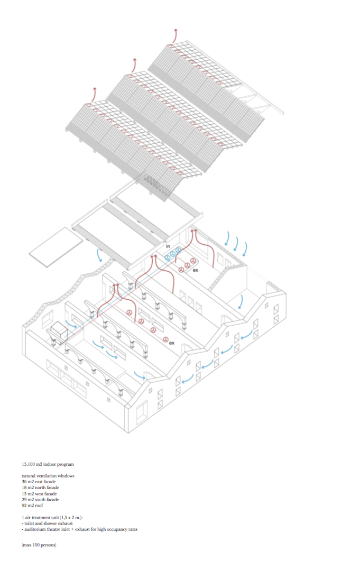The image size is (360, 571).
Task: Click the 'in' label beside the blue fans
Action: pos(167,246)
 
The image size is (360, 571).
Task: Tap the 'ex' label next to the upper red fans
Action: pos(195,271)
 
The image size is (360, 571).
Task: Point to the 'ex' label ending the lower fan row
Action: pos(171,343)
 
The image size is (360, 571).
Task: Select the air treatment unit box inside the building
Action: pos(59,332)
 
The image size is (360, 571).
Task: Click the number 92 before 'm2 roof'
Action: pos(24,505)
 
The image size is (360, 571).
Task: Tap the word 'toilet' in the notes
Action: pos(29,522)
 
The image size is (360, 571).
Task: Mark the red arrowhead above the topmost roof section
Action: pos(176,32)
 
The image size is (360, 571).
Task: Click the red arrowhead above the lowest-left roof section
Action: pos(95,89)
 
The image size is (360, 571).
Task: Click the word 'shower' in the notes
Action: pos(50,522)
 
